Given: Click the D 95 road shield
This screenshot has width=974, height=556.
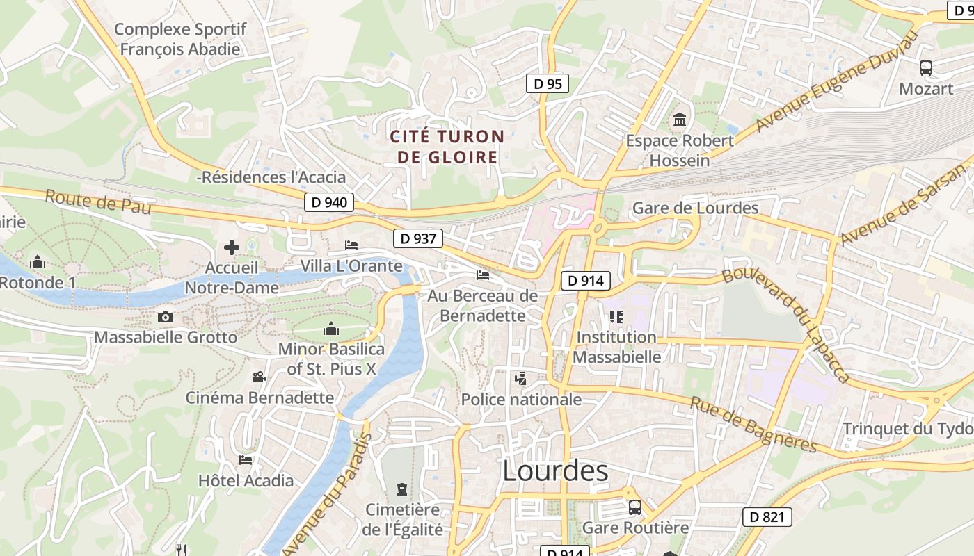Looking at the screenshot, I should (x=547, y=84).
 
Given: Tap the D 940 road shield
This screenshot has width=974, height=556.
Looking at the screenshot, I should (x=329, y=202).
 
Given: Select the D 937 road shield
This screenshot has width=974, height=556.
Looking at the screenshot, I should (x=418, y=238).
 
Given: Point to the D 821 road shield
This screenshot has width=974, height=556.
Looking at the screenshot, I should (x=767, y=517).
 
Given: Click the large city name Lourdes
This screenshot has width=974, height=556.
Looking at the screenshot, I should (x=554, y=471).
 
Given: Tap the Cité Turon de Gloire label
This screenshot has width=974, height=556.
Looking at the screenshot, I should (x=447, y=147).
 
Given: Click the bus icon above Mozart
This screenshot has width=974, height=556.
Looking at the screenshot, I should (x=925, y=68).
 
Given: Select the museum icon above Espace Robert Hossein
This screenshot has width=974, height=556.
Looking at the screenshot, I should (x=679, y=120).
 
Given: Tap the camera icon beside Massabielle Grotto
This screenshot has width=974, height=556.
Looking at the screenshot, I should (x=165, y=317).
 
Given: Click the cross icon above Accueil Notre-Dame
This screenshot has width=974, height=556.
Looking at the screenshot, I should (x=232, y=247).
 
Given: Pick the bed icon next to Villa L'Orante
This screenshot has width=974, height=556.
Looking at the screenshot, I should (x=351, y=245).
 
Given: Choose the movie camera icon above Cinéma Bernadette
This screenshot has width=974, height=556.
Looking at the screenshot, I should (x=259, y=377).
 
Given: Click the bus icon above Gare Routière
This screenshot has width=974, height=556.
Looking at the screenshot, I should (x=634, y=507).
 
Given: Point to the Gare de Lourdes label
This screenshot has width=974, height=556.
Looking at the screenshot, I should (x=695, y=208).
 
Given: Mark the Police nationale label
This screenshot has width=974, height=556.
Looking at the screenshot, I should (x=521, y=400).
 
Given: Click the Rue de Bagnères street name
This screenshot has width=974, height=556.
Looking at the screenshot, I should (x=753, y=424).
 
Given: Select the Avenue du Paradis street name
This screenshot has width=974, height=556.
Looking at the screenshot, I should (x=328, y=495).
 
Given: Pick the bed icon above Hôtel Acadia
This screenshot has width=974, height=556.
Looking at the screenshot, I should (x=245, y=459).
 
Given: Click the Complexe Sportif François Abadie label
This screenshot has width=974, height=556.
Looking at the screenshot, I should (x=180, y=39).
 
